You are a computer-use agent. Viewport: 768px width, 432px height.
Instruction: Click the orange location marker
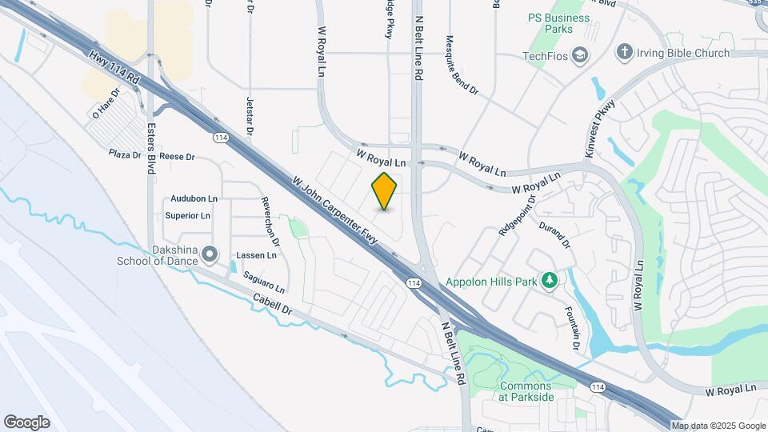tap(385, 191)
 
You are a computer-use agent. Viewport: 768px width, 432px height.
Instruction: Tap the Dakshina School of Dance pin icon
tap(210, 254)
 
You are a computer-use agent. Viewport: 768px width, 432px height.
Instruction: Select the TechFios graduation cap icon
tap(580, 56)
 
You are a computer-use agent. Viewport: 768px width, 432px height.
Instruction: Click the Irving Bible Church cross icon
tap(624, 53)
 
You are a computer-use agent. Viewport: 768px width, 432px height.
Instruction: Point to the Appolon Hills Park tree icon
tap(549, 280)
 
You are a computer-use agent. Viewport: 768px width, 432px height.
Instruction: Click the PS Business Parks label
tap(559, 23)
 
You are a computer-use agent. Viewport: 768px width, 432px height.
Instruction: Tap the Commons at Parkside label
tap(526, 391)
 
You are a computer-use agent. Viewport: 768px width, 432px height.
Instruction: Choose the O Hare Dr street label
tap(106, 103)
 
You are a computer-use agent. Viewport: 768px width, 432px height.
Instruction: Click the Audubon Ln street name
tap(194, 198)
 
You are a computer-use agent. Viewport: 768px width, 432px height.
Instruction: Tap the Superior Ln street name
tap(187, 216)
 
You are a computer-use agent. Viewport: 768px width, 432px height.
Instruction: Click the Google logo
tap(26, 422)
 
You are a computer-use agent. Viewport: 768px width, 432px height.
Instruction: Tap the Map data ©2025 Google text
tap(718, 426)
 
